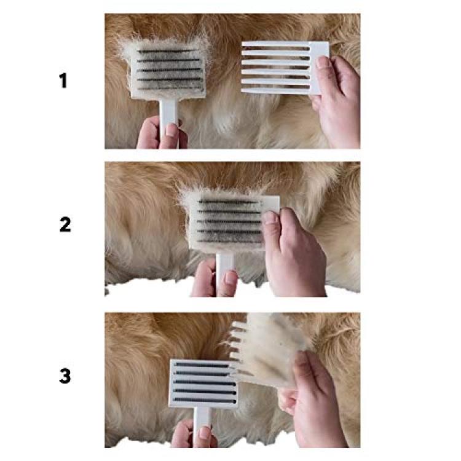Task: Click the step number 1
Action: [63, 81]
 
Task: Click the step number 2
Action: [65, 224]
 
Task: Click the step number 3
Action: [65, 376]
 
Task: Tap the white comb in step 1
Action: [285, 68]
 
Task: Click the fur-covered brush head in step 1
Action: [168, 70]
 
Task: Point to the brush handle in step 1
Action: [169, 117]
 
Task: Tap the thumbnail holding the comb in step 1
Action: [322, 62]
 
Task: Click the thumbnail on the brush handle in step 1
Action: [171, 130]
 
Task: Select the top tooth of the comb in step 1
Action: [275, 44]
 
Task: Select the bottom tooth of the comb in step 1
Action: [275, 91]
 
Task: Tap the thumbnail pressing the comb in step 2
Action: [270, 218]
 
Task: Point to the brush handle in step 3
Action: [203, 424]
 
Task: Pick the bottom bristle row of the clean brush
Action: [205, 400]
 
